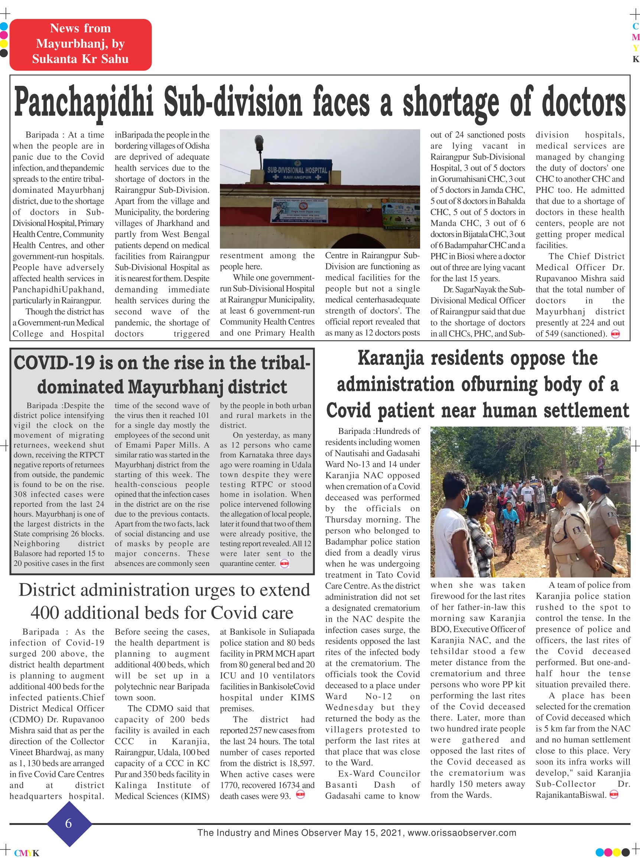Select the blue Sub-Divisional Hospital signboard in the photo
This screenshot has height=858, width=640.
tap(297, 171)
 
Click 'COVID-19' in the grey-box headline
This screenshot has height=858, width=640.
tap(54, 363)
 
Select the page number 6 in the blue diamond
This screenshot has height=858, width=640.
tap(69, 823)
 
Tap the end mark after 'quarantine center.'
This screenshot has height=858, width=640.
tap(285, 564)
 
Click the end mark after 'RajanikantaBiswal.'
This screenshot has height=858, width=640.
tap(614, 795)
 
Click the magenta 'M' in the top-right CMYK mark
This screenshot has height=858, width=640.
tap(635, 37)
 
